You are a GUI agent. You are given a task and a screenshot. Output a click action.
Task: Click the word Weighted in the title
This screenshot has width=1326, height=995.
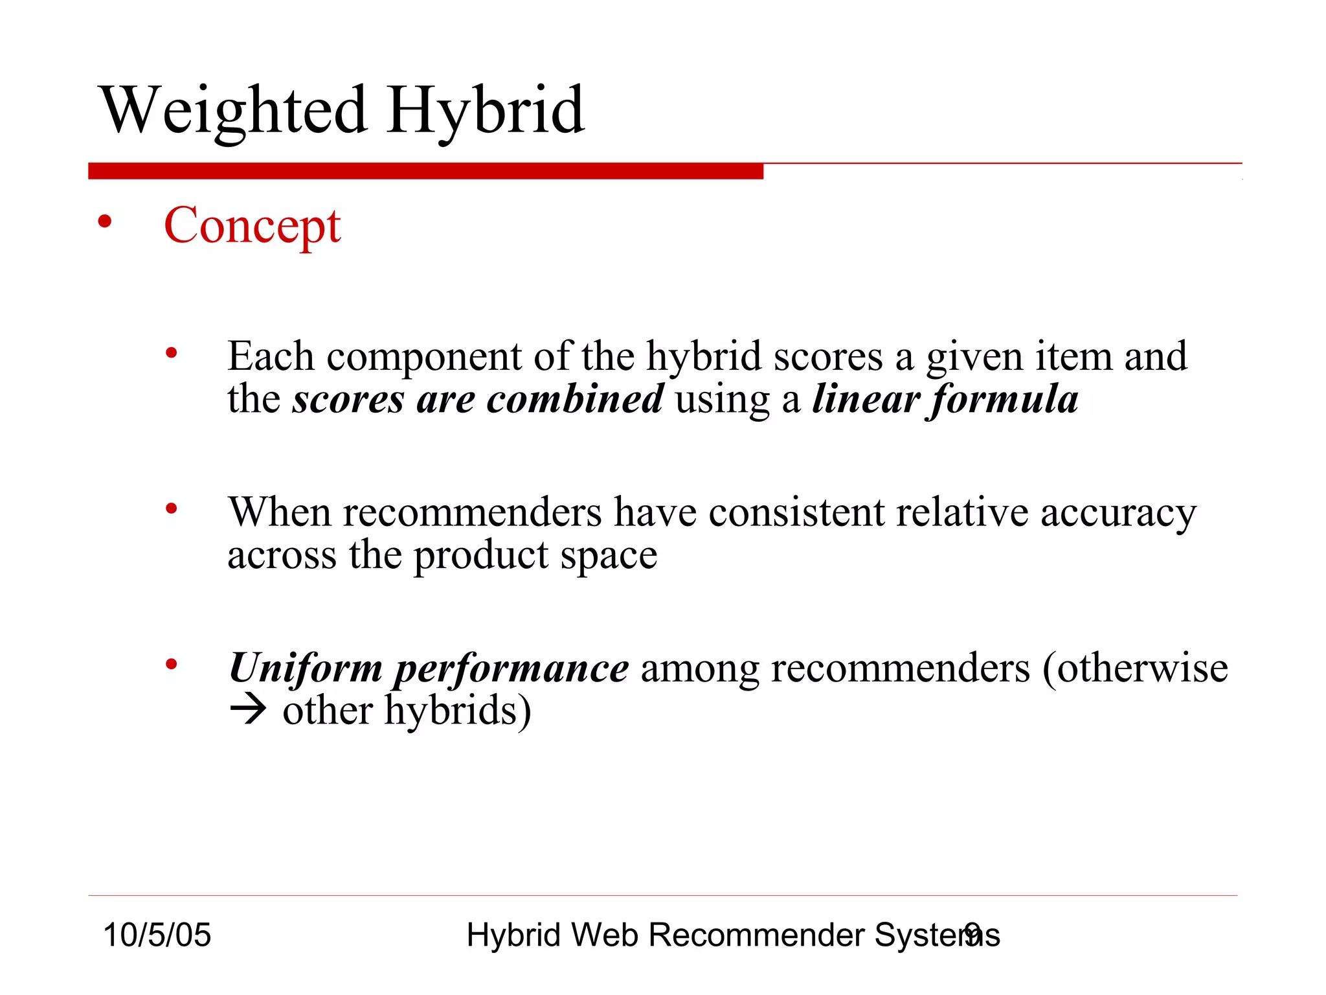pos(234,111)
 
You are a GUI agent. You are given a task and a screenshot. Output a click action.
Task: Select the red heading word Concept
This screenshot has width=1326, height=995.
pos(252,225)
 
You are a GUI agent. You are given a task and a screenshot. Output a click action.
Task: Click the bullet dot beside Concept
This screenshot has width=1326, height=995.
pos(104,223)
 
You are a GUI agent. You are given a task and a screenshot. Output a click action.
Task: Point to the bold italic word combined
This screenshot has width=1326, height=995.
pos(575,398)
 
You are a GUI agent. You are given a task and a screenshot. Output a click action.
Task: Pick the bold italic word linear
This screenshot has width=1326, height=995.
pos(866,398)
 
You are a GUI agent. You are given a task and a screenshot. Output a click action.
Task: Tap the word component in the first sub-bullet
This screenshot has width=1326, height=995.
pos(424,357)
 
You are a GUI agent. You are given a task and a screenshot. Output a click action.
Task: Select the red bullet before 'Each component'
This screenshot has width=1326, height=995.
pos(171,354)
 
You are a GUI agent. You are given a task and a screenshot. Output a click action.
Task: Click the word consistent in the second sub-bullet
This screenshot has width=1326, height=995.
pos(796,512)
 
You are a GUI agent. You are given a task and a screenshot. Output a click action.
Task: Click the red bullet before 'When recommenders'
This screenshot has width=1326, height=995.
pos(171,509)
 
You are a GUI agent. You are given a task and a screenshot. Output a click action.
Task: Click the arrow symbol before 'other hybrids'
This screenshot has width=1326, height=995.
pos(248,710)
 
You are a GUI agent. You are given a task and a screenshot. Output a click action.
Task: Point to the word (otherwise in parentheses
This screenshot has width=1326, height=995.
pos(1134,668)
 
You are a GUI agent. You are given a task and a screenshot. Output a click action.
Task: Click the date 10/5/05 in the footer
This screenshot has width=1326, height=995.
pos(157,935)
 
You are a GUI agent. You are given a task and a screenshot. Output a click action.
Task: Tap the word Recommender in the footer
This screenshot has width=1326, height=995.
pos(756,935)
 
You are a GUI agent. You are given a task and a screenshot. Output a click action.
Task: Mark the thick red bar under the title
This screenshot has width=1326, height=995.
pos(425,171)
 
